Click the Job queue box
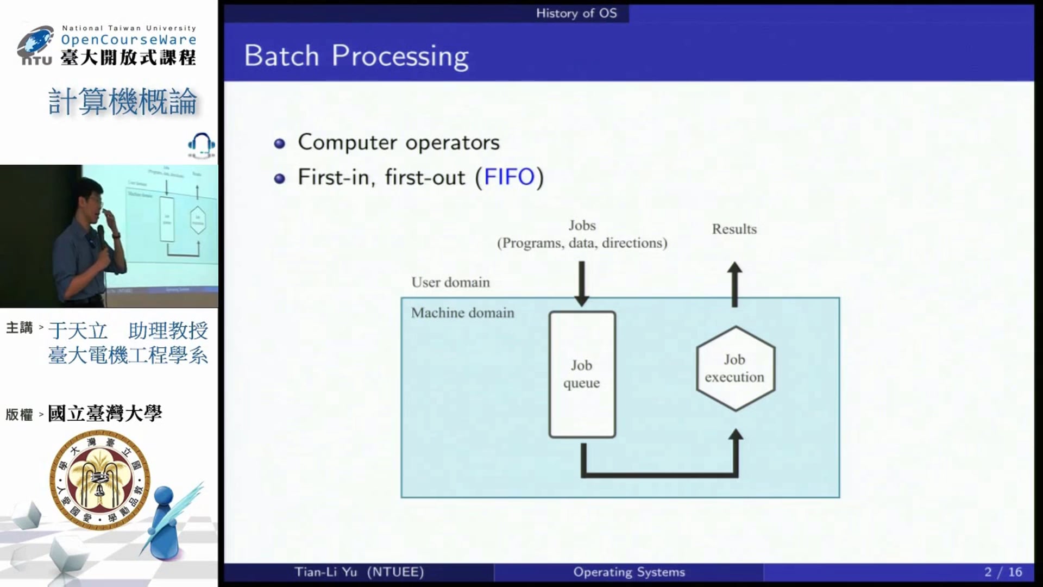click(x=582, y=374)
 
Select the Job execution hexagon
click(x=735, y=369)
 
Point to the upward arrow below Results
click(x=734, y=284)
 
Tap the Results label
click(x=734, y=229)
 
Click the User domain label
click(x=450, y=282)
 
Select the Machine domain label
click(x=462, y=313)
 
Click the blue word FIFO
click(x=509, y=177)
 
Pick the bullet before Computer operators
click(x=280, y=143)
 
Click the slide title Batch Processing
click(x=356, y=56)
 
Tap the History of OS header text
click(x=576, y=13)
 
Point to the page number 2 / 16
click(x=1003, y=572)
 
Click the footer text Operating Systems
click(x=629, y=572)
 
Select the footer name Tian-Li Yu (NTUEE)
click(x=359, y=572)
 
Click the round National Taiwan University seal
click(x=99, y=479)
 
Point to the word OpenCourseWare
click(x=129, y=40)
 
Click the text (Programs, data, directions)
click(x=582, y=243)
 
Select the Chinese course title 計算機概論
click(x=123, y=102)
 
